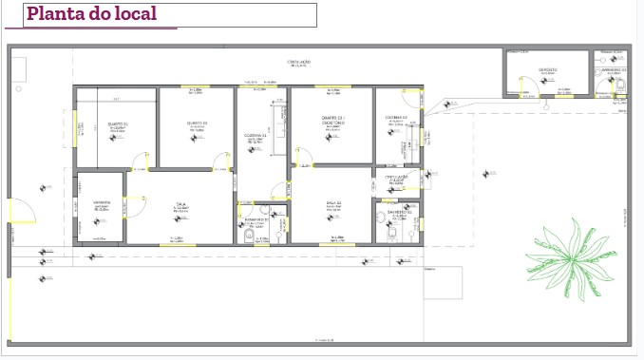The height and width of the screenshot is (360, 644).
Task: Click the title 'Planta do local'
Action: pyautogui.click(x=92, y=14)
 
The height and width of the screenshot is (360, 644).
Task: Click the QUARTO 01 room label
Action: pyautogui.click(x=117, y=124)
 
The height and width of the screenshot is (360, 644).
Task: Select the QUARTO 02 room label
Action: pyautogui.click(x=197, y=123)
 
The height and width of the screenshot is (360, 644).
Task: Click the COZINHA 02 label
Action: pyautogui.click(x=396, y=118)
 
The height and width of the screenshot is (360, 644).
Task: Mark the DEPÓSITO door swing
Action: pyautogui.click(x=521, y=85)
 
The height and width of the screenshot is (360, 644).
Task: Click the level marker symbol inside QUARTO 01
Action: pyautogui.click(x=114, y=139)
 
